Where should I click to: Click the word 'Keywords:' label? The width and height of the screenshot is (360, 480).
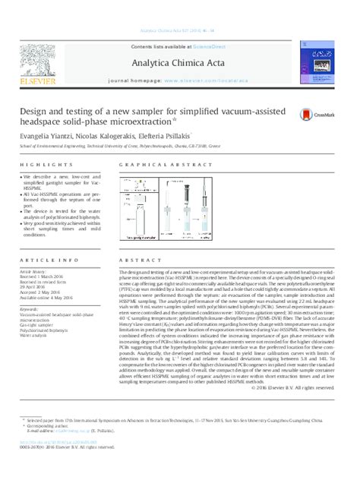pyautogui.click(x=32, y=309)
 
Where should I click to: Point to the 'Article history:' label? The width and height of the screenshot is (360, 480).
pyautogui.click(x=36, y=270)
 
